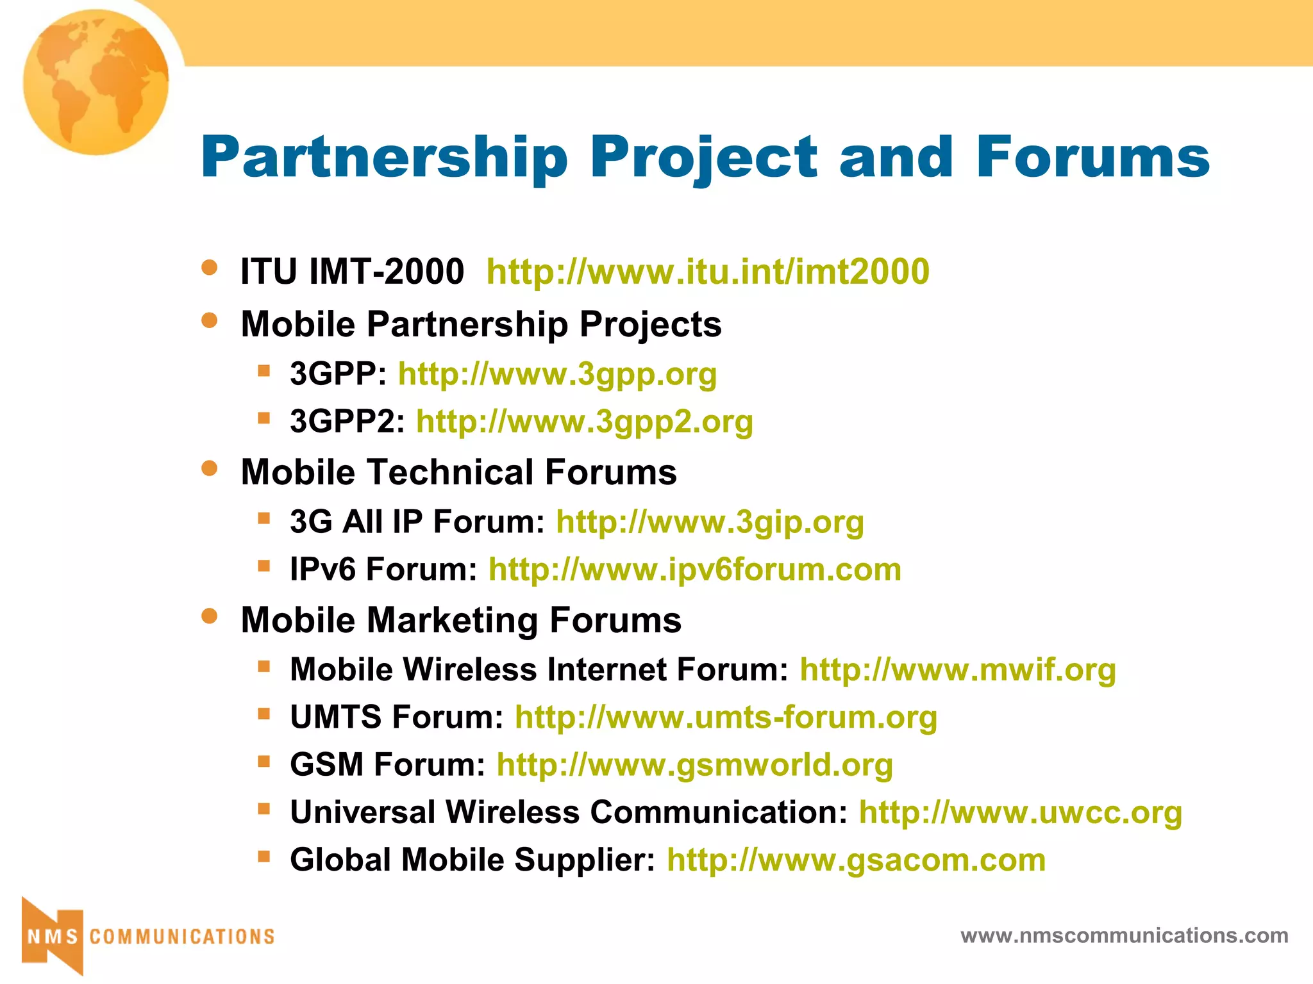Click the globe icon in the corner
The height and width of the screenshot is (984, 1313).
pos(96,82)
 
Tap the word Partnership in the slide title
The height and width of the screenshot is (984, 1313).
pos(385,158)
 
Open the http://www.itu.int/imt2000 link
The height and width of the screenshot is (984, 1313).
pos(708,272)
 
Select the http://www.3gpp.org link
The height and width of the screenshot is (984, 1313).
pos(557,373)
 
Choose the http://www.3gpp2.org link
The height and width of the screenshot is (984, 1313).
pos(585,422)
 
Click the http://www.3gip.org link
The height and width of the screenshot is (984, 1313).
pos(710,521)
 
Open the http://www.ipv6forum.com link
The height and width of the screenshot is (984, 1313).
pos(695,570)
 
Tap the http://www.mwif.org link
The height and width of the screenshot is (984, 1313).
pos(958,669)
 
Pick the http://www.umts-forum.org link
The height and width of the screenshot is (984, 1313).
pos(726,717)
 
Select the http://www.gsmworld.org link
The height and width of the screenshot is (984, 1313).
pos(695,765)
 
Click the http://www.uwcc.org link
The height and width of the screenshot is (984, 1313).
pos(1021,812)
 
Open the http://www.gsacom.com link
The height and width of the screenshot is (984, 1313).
pos(857,860)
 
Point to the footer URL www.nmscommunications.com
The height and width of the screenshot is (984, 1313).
pos(1125,935)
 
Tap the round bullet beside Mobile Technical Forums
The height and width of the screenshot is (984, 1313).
pos(209,468)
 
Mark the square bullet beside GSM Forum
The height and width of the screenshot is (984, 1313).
pos(263,761)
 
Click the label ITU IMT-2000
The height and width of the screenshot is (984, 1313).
pos(352,272)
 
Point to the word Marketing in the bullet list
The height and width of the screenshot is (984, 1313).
pos(453,620)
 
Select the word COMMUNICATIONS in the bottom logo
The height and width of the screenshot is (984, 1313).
pos(182,937)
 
